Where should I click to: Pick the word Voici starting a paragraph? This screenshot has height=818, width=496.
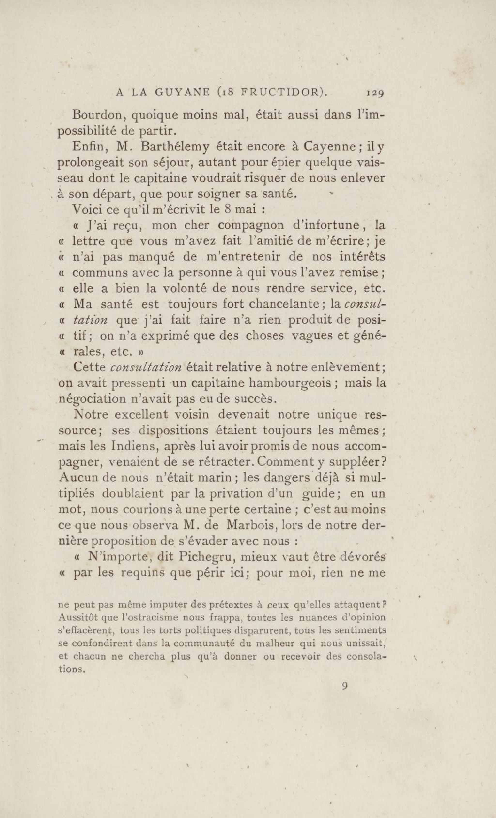click(85, 210)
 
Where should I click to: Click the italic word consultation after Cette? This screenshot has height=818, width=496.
click(146, 367)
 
